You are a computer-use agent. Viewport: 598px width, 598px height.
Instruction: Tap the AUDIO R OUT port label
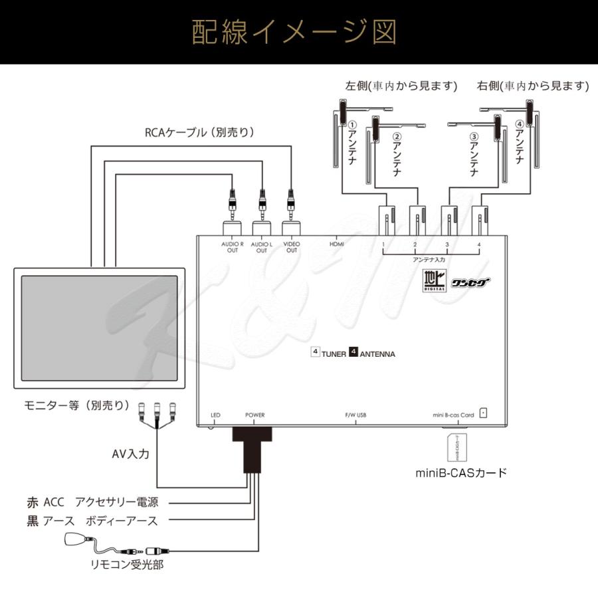click(x=233, y=247)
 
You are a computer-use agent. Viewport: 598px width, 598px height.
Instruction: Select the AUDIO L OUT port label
click(x=261, y=247)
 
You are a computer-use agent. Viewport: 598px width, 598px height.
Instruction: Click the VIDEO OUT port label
click(x=291, y=247)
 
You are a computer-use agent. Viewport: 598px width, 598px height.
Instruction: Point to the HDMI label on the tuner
click(x=337, y=245)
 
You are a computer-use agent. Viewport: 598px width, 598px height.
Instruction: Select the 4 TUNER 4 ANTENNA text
click(x=353, y=353)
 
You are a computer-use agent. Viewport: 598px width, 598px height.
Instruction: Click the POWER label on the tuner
click(x=254, y=415)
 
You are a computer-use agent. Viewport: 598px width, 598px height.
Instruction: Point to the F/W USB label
click(x=355, y=415)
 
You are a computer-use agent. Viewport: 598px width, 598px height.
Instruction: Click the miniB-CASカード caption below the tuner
click(x=461, y=473)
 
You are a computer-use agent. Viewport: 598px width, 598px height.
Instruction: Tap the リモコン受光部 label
click(x=128, y=565)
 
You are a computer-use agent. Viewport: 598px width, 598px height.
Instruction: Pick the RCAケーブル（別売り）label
click(x=199, y=132)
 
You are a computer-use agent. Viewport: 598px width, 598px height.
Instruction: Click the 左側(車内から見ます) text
click(x=401, y=86)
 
